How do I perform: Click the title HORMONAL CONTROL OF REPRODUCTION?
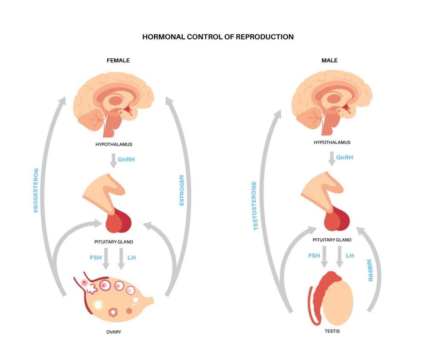[x=218, y=37]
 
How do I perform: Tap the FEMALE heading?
[x=118, y=60]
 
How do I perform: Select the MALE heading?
[x=329, y=60]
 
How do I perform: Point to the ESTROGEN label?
[x=182, y=190]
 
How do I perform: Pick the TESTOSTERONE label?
[x=255, y=206]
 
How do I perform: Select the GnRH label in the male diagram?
[x=344, y=157]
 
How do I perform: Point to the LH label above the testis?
[x=350, y=255]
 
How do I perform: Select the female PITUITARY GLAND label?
[x=114, y=242]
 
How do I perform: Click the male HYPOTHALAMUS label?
[x=332, y=143]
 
